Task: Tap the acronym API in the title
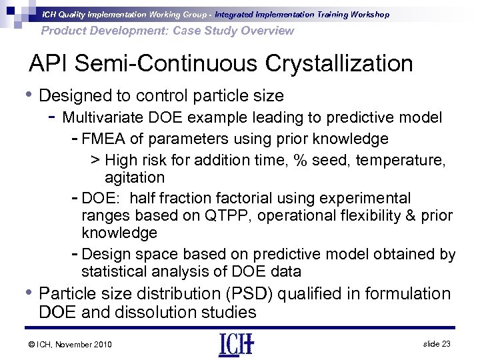pos(51,64)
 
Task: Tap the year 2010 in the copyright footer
pos(100,344)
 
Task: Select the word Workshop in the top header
pos(367,14)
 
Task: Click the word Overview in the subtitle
pos(266,31)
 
